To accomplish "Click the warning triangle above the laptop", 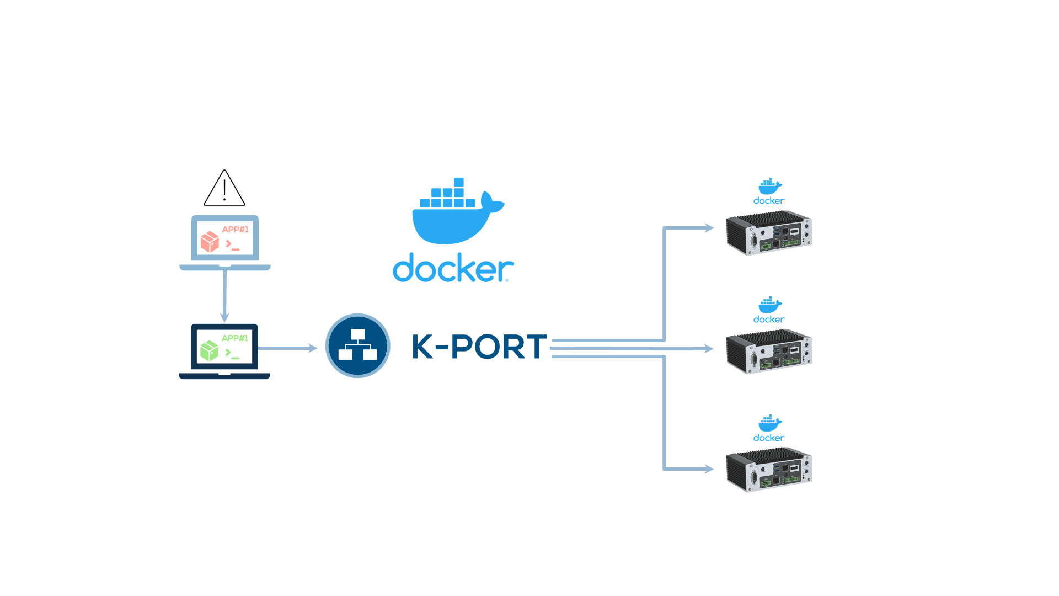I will coord(224,189).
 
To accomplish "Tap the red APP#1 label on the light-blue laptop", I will coord(235,230).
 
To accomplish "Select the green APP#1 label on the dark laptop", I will coord(235,338).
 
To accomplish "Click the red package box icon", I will coord(210,242).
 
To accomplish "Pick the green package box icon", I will coord(210,350).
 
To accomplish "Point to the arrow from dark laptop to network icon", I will coord(287,348).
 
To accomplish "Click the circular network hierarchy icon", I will coord(358,346).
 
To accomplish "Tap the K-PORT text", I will coord(479,347).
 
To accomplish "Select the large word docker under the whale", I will coord(452,268).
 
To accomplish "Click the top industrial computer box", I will coord(769,233).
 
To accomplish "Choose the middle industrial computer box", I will coord(769,352).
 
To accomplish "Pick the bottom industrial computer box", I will coord(769,470).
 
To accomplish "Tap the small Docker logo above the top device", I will coord(769,191).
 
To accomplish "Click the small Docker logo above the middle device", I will coord(769,310).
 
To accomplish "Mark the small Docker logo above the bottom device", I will coord(769,429).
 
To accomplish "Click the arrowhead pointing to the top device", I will coord(709,228).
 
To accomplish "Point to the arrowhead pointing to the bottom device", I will coord(709,469).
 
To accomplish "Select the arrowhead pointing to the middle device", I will coord(709,349).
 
